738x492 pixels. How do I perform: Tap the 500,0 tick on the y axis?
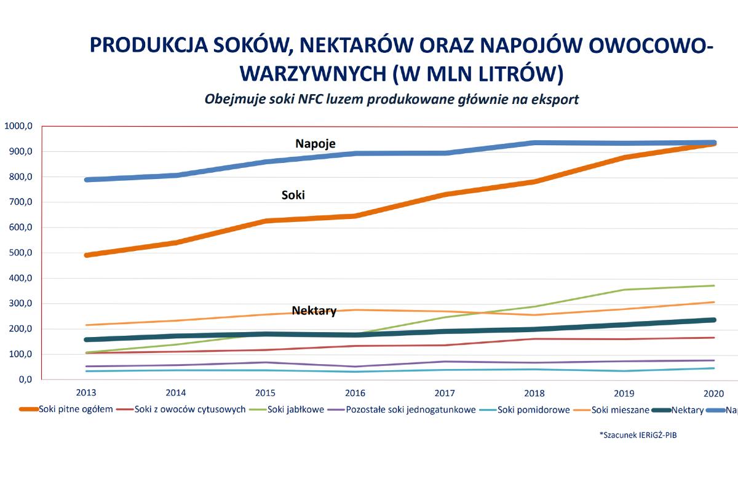click(x=18, y=253)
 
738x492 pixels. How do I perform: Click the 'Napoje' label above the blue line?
click(x=315, y=143)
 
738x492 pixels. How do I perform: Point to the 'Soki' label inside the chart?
click(x=293, y=195)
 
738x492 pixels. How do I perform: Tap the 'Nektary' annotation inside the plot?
click(x=314, y=311)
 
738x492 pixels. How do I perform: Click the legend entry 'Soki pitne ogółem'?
click(x=76, y=409)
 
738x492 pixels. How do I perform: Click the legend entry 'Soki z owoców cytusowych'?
click(x=190, y=409)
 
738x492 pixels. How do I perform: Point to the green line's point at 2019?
click(x=625, y=290)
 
